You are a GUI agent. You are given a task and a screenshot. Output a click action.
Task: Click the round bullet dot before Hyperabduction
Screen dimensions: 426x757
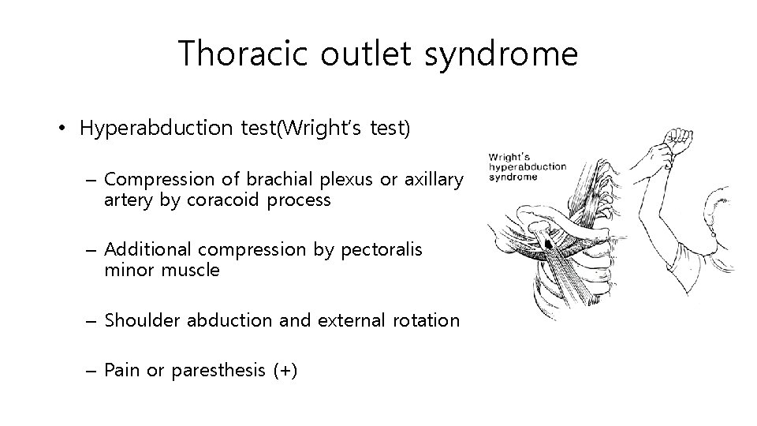(63, 129)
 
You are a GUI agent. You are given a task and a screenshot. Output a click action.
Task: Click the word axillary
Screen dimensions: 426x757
(432, 180)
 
